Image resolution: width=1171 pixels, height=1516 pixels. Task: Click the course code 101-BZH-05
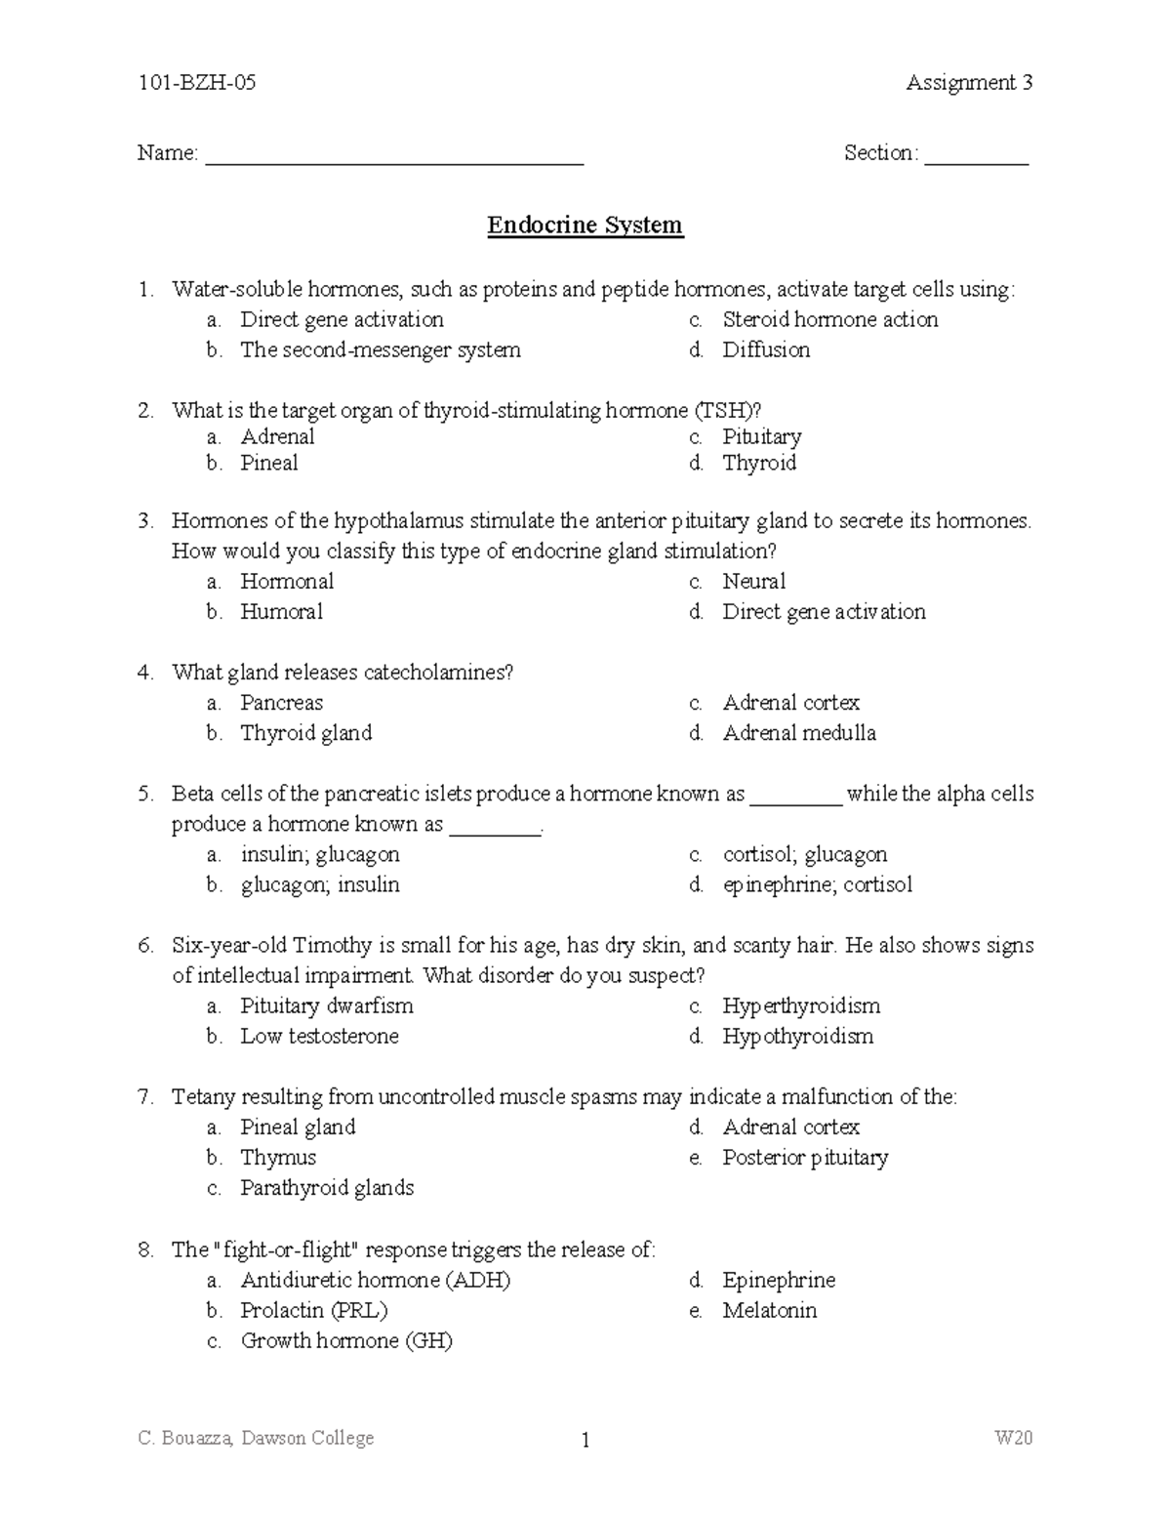coord(197,83)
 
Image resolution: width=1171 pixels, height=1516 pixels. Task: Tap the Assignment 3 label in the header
coord(968,83)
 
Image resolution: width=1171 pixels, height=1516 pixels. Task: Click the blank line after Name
coord(393,156)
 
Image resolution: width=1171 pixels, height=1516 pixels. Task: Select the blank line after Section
coord(976,156)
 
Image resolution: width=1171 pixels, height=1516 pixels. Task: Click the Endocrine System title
coord(585,225)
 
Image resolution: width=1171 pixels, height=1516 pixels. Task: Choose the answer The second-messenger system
coord(380,349)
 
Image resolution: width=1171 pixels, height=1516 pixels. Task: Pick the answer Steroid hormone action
coord(829,319)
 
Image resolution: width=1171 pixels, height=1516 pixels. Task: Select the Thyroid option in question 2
coord(759,463)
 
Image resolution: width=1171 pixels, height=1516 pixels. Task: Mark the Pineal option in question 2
coord(269,463)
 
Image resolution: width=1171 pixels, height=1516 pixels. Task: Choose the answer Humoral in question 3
coord(281,611)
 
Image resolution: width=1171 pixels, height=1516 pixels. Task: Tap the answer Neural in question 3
coord(753,581)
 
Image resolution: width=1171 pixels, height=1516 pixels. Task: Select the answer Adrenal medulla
coord(798,732)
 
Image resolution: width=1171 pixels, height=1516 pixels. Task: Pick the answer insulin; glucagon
coord(320,854)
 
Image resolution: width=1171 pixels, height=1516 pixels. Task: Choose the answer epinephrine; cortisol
coord(817,884)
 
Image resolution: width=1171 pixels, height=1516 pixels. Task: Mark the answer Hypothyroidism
coord(797,1036)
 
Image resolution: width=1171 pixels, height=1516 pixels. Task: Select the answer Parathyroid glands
coord(327,1187)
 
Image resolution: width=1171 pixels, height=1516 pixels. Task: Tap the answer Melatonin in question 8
coord(769,1310)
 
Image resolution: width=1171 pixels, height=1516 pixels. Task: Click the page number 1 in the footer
coord(585,1440)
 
